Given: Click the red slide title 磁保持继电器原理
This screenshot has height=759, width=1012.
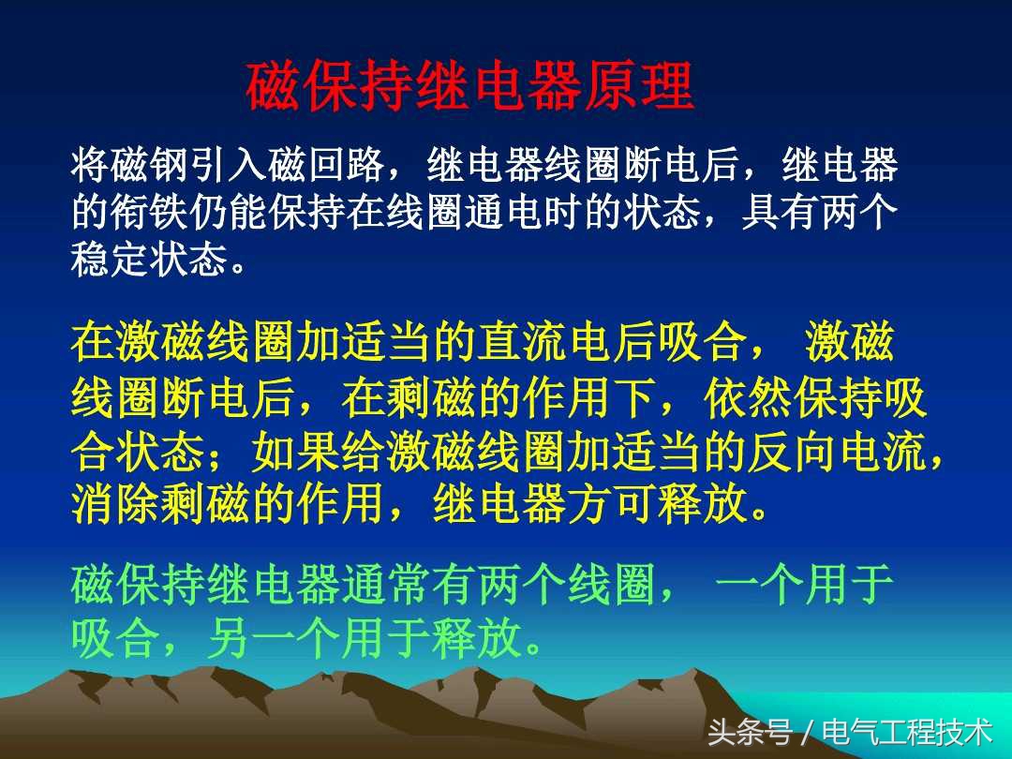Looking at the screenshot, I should click(x=469, y=87).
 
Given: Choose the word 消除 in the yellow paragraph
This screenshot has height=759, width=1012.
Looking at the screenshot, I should click(x=115, y=507).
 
